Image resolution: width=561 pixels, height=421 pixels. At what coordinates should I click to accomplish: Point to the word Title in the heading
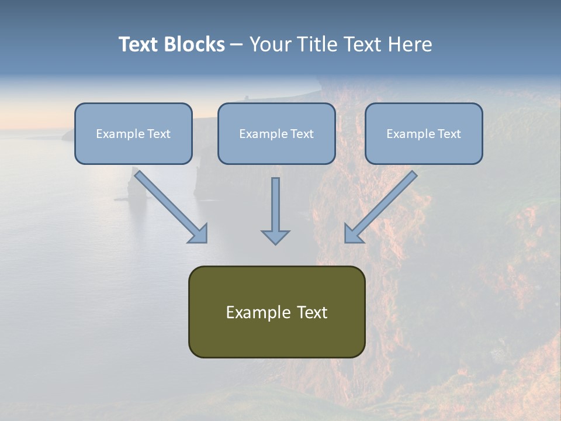(318, 44)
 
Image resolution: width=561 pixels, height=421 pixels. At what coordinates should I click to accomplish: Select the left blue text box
(133, 134)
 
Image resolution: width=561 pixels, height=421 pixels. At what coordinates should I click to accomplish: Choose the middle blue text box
(276, 134)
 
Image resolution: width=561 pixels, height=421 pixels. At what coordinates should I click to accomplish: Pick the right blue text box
(424, 134)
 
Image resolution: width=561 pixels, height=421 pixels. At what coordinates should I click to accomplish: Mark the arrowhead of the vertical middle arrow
(275, 237)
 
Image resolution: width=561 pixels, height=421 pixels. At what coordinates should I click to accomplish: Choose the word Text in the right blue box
(449, 134)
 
